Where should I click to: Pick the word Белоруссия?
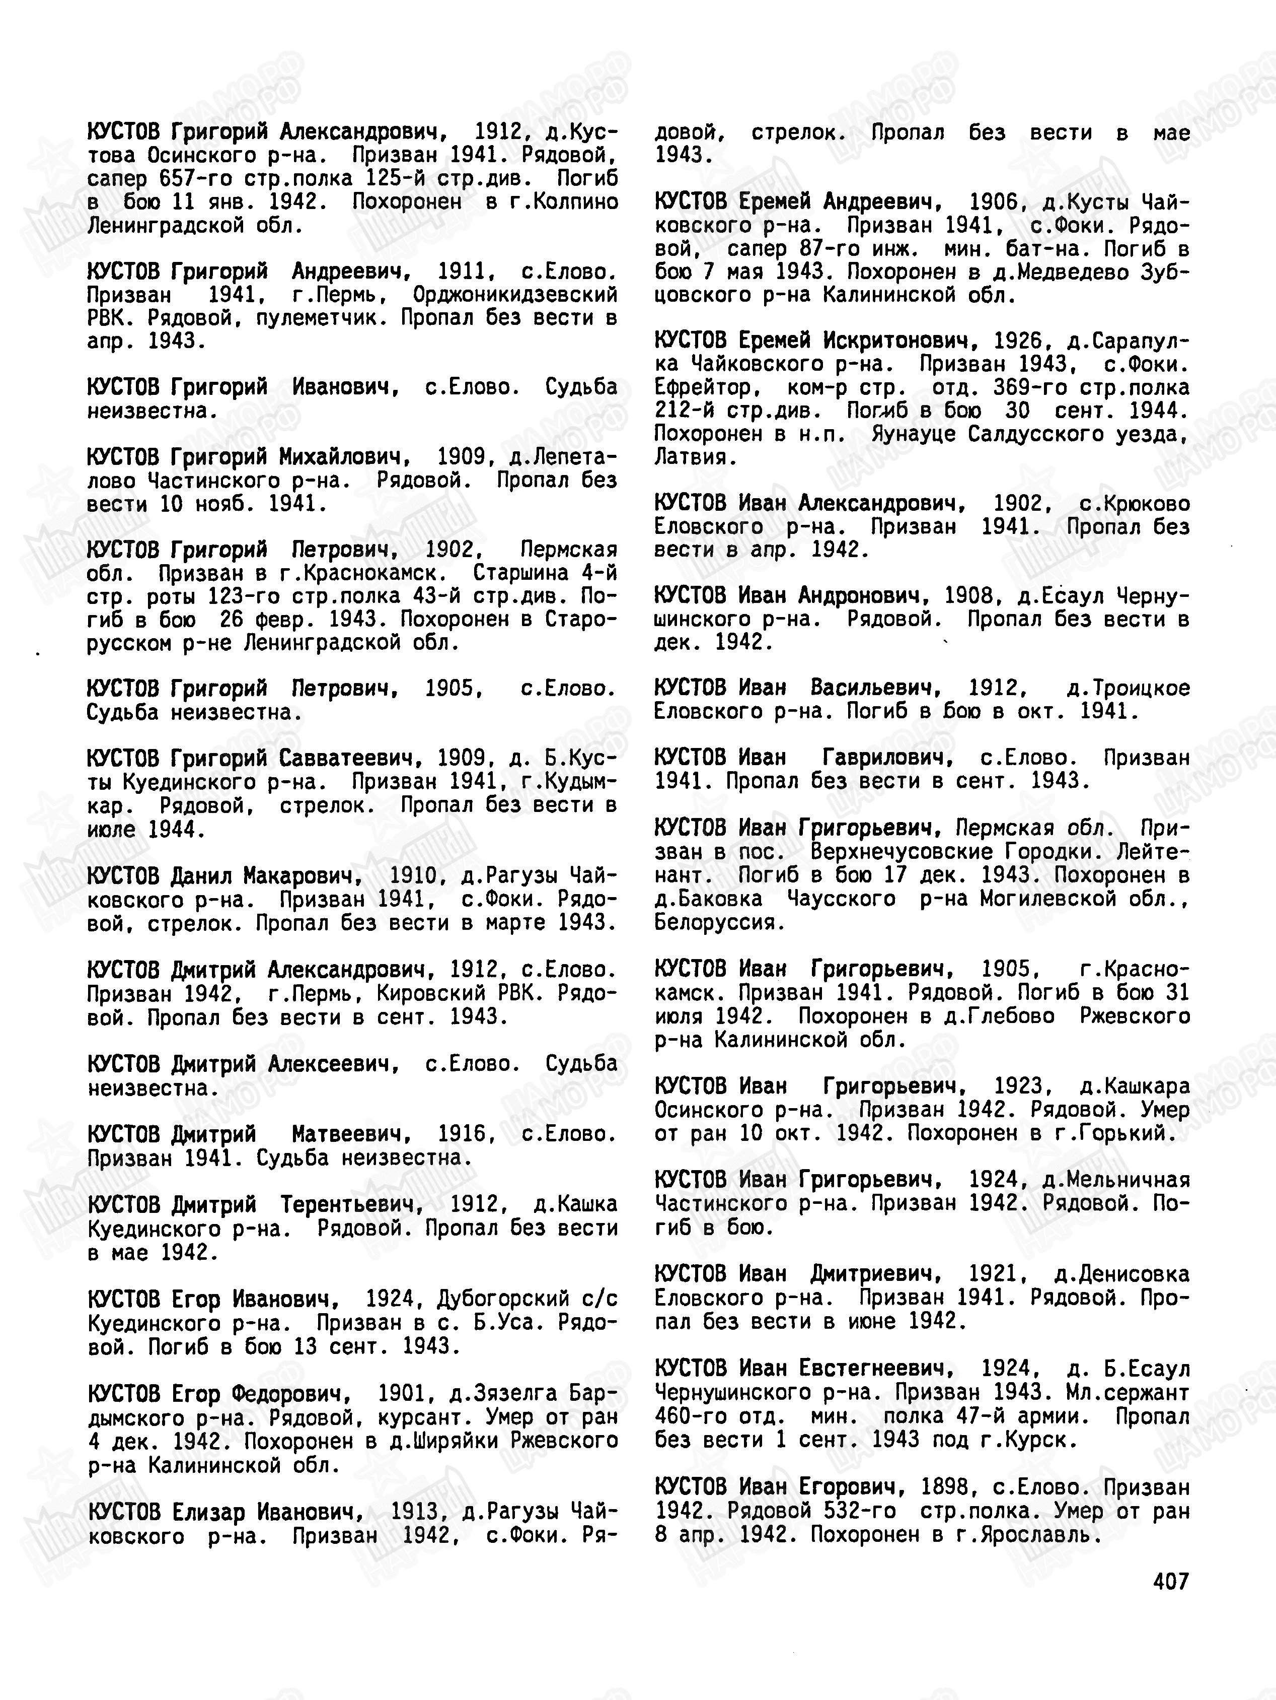pyautogui.click(x=720, y=922)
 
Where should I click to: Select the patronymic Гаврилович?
pyautogui.click(x=888, y=758)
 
